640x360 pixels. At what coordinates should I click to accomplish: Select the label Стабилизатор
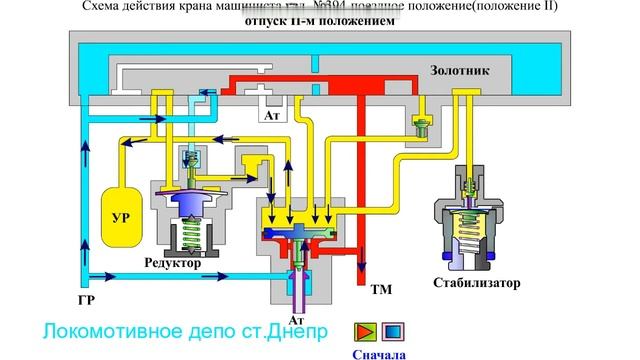click(477, 283)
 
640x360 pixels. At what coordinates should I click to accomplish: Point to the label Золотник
click(459, 71)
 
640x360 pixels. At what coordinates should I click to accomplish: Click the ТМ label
click(381, 291)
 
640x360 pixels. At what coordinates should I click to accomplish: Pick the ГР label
click(86, 299)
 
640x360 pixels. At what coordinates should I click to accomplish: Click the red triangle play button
click(362, 331)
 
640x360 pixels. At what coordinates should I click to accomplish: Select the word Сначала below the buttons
click(377, 352)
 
